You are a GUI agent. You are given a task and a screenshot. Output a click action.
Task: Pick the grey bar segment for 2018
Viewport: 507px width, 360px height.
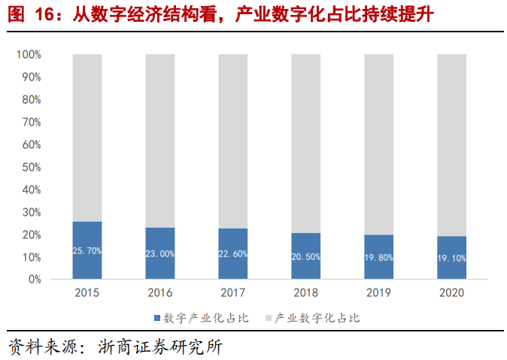coord(306,143)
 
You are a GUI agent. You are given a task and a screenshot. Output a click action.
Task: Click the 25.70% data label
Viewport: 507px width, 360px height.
coord(87,250)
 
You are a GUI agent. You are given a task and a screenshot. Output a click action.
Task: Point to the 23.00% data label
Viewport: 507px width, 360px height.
coord(160,253)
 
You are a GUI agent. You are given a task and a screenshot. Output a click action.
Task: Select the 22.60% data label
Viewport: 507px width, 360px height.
coord(233,254)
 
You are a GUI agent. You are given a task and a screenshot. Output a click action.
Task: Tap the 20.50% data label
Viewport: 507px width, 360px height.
coord(306,256)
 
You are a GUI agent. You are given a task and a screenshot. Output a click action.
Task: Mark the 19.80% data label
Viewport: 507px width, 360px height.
coord(378,257)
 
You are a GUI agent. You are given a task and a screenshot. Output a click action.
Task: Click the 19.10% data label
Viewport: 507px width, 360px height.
coord(451,258)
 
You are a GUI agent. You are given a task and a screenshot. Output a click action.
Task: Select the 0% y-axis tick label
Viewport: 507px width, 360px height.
coord(34,280)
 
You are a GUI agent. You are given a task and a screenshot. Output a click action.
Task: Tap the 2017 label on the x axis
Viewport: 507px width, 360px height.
coord(233,293)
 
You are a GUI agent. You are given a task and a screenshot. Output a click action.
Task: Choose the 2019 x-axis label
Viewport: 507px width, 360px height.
coord(378,293)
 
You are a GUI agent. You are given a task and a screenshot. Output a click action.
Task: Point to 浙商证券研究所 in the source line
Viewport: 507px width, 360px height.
coord(161,347)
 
